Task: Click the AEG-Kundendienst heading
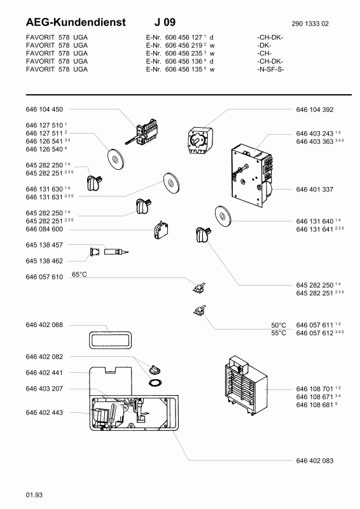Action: (76, 22)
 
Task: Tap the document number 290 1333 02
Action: (310, 24)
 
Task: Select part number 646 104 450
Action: (44, 109)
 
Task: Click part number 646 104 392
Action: (315, 109)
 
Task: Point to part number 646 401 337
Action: (315, 190)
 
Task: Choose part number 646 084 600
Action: (44, 229)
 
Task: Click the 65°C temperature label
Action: (80, 275)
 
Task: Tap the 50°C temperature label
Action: (279, 325)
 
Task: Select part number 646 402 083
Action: (315, 461)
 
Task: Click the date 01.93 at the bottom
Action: (34, 495)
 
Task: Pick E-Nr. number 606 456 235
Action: (184, 53)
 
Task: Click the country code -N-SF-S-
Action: (270, 69)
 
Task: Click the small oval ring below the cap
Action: (155, 382)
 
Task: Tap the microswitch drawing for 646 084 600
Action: (161, 230)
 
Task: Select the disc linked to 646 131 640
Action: (223, 216)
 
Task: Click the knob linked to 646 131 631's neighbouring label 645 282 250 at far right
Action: (203, 234)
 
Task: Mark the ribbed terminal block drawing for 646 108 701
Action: (246, 386)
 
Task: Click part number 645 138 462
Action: (44, 261)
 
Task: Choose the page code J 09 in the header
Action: (165, 22)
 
